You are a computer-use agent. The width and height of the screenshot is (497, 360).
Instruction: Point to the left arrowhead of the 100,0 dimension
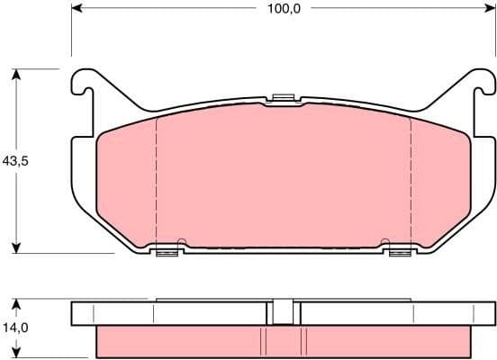coord(76,9)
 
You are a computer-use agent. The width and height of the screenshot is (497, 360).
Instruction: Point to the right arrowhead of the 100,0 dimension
coord(490,9)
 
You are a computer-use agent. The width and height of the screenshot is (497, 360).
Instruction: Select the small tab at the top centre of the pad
coord(284,98)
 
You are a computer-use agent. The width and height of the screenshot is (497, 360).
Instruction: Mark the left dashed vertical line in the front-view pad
coord(157,180)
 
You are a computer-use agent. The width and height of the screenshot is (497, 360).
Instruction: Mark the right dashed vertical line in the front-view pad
coord(411,180)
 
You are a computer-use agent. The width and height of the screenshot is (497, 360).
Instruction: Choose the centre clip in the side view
coord(284,310)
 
